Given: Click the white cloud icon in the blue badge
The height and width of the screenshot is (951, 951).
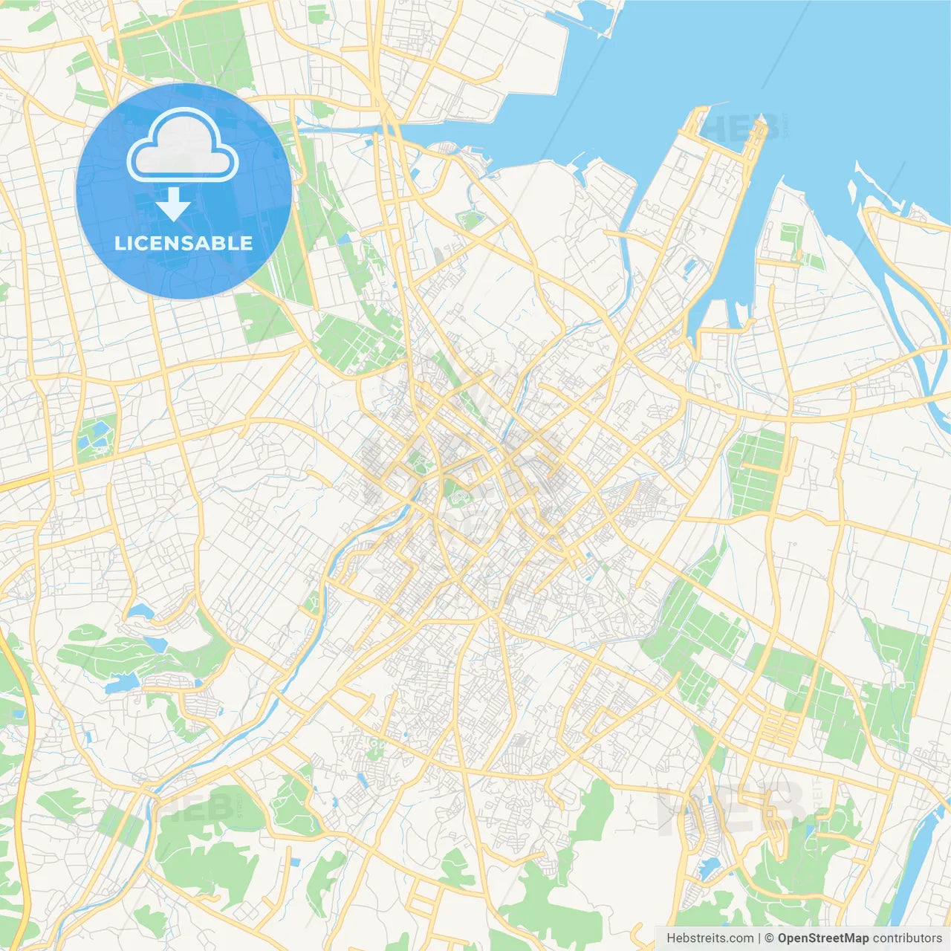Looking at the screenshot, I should tap(183, 146).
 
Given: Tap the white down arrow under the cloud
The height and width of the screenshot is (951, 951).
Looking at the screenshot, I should tap(173, 204).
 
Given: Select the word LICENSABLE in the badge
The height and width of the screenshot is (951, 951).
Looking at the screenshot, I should tap(184, 243).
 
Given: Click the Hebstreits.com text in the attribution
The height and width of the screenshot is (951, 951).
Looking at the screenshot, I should tap(710, 938).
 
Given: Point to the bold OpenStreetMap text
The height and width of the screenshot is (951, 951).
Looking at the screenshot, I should tap(822, 938).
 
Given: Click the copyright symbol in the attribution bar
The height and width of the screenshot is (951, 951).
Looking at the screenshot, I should tap(770, 938).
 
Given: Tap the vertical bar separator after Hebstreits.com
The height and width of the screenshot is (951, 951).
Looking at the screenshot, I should tap(759, 938).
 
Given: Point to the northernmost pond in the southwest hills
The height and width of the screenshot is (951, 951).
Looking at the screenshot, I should tap(139, 611).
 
